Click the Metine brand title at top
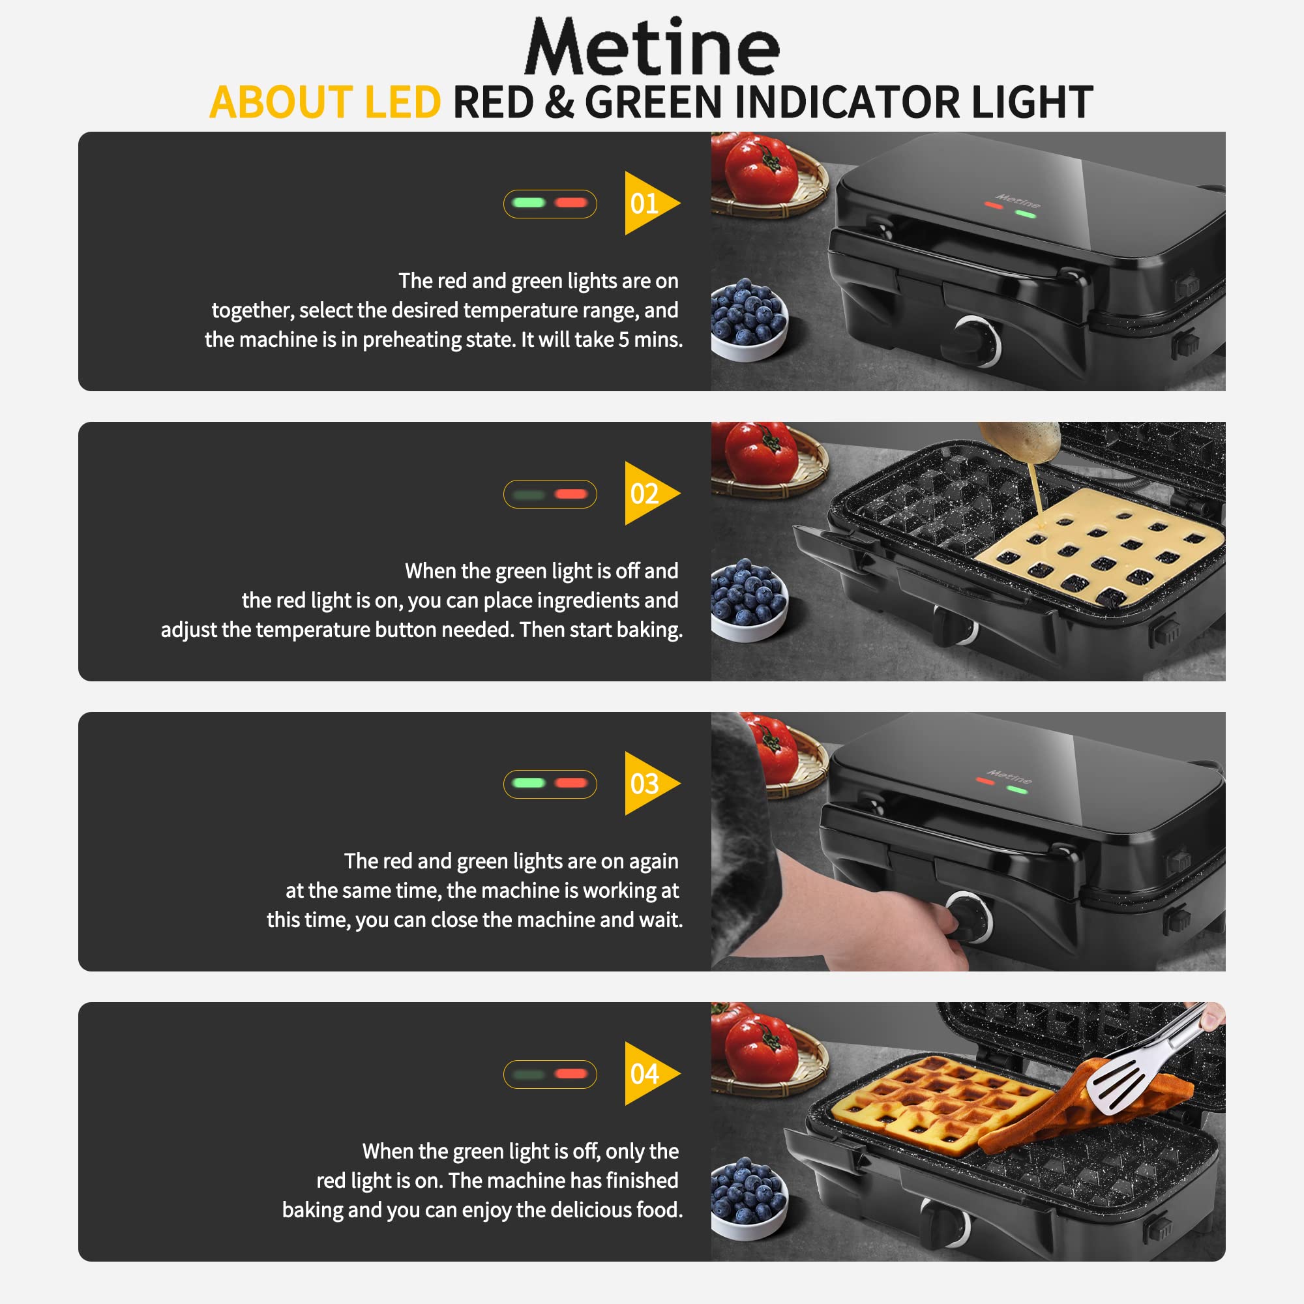(x=651, y=47)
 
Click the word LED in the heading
(x=402, y=102)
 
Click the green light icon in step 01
(x=529, y=203)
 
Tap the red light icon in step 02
(x=571, y=494)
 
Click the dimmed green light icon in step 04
(x=529, y=1074)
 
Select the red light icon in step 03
(x=571, y=783)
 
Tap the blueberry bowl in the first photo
(x=748, y=319)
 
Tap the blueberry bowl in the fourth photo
(x=748, y=1197)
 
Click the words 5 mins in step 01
(x=650, y=340)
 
